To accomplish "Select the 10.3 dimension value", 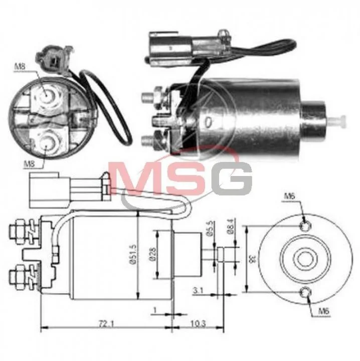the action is pyautogui.click(x=198, y=324).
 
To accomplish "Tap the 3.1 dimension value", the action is pyautogui.click(x=198, y=291).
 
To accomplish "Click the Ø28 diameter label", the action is pyautogui.click(x=153, y=254).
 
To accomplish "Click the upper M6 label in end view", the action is pyautogui.click(x=289, y=197).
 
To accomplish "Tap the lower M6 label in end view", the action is pyautogui.click(x=324, y=311).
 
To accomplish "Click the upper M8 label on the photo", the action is pyautogui.click(x=20, y=67).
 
